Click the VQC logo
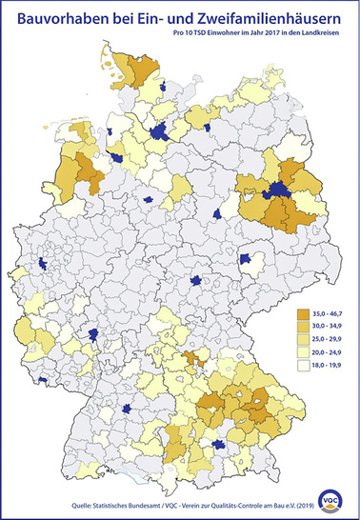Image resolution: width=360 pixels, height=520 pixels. (x=333, y=497)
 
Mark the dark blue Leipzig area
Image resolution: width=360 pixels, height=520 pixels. (x=250, y=259)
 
